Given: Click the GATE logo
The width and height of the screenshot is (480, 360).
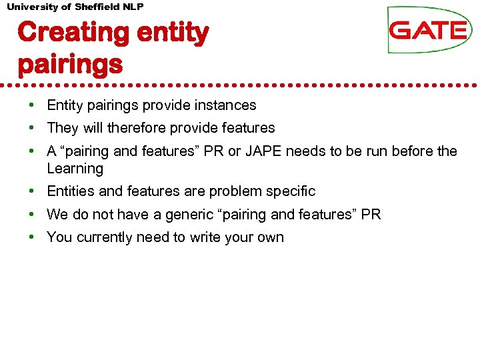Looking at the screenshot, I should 429,30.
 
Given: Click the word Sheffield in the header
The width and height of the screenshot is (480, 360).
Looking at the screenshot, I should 97,6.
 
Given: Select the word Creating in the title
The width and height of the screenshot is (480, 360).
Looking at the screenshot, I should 64,32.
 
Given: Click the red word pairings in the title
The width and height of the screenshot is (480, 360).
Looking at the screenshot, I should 70,65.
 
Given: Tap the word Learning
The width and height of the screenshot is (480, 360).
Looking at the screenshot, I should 75,169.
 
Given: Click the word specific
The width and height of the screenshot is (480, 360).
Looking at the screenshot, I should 291,191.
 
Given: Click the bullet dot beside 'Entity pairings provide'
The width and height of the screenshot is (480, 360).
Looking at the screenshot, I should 31,105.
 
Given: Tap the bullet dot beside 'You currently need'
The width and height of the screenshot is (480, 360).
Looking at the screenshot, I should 31,237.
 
